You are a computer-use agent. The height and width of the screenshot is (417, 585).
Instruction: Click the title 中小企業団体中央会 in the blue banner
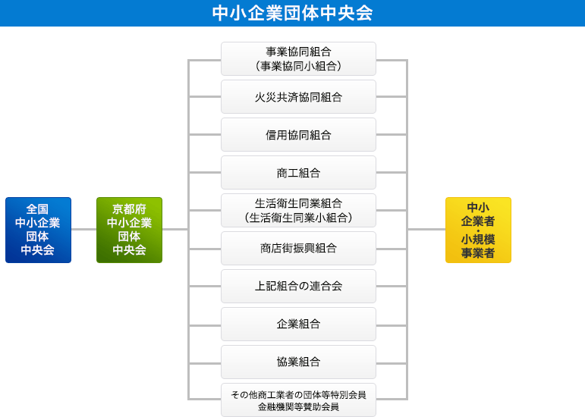point(292,13)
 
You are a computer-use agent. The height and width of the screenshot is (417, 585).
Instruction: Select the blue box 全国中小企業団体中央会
point(38,230)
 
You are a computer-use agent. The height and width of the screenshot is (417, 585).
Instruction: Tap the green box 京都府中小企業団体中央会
point(129,230)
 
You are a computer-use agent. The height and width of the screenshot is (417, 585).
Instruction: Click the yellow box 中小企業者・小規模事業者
point(478,230)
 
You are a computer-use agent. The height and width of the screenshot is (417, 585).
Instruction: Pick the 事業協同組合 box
point(298,58)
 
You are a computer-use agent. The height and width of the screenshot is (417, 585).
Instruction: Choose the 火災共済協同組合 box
point(298,97)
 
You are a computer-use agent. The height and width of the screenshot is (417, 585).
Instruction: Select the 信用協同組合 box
point(298,135)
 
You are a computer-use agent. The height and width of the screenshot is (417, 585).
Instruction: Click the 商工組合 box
point(298,173)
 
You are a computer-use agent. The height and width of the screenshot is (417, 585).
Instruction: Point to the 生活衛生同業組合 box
point(298,210)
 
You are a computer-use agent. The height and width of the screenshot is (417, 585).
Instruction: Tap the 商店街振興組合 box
point(298,248)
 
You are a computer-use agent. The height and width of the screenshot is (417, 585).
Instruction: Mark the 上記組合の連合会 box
point(298,286)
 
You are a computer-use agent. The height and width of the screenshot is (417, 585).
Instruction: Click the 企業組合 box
point(298,324)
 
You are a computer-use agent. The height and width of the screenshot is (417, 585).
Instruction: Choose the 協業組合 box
point(298,362)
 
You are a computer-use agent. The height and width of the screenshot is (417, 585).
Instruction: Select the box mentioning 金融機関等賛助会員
point(298,400)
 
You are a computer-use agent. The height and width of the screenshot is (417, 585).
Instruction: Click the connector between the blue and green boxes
point(83,229)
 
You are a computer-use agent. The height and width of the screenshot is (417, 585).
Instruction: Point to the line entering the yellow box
point(426,229)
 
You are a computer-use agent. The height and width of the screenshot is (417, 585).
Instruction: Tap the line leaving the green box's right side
point(175,229)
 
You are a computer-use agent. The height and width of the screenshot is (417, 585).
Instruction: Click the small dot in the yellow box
point(478,230)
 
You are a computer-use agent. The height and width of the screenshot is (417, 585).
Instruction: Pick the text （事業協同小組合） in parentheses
point(298,66)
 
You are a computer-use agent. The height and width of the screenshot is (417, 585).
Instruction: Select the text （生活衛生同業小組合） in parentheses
point(298,218)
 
